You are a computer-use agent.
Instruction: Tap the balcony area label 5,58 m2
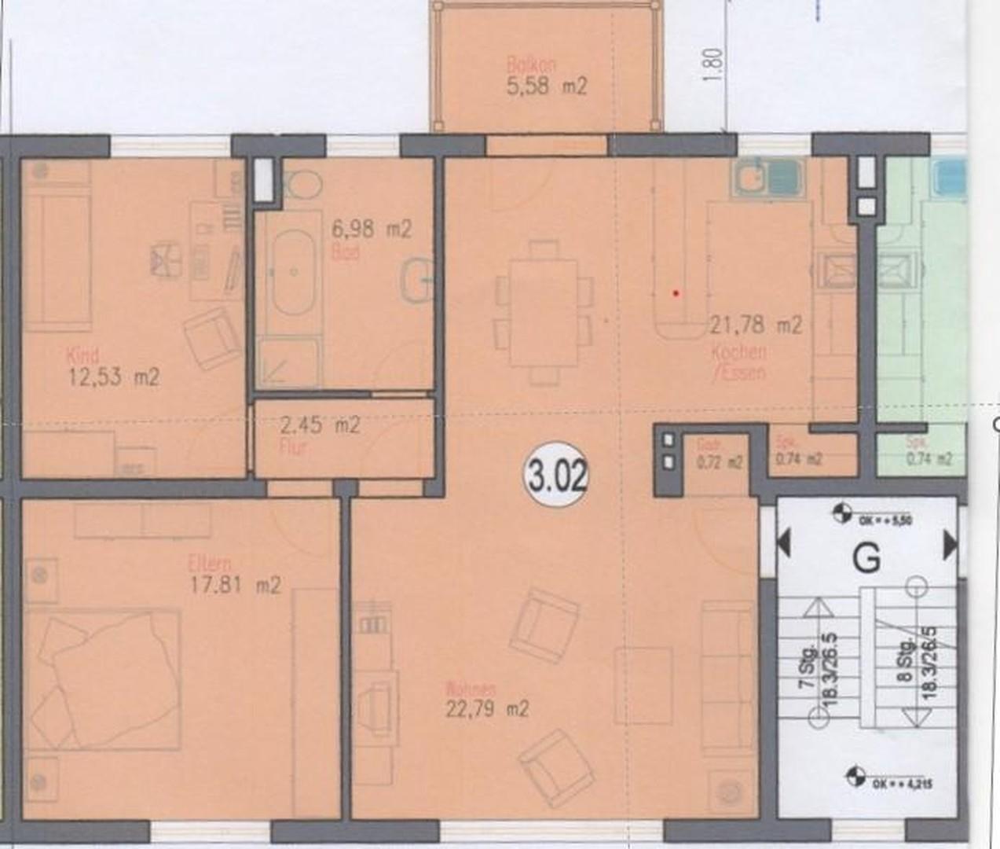tap(547, 85)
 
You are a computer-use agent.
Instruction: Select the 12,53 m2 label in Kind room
tap(114, 377)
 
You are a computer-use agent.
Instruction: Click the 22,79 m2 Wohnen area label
tap(487, 709)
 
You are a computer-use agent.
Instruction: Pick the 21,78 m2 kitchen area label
tap(756, 324)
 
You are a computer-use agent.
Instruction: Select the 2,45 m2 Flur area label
tap(320, 426)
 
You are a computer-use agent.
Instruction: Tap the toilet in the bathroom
tap(302, 185)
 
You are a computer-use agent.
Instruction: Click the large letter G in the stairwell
tap(866, 559)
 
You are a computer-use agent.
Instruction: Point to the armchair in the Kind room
tap(212, 336)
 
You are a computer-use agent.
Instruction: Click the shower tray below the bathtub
tap(288, 364)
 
